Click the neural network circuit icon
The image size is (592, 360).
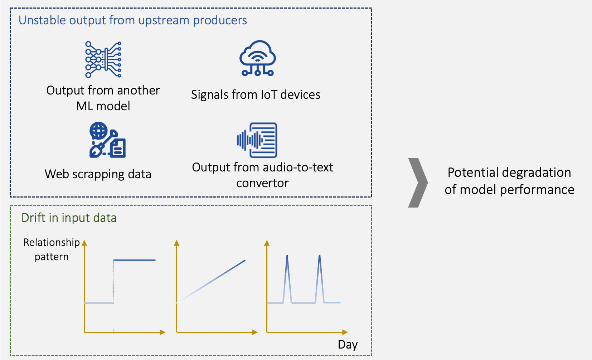103,59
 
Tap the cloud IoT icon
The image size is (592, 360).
258,58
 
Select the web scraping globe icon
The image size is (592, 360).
107,140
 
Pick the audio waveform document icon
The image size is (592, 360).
257,140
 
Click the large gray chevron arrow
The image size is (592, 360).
417,183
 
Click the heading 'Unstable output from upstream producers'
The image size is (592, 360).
132,20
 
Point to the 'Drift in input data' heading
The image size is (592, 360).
69,218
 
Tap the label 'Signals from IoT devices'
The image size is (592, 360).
256,94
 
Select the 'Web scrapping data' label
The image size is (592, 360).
98,174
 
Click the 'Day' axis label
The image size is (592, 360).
348,344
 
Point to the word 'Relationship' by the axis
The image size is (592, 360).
52,242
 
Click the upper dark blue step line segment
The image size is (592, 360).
135,260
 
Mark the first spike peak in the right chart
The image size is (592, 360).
287,256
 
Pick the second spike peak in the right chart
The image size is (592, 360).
319,256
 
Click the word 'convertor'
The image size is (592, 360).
262,183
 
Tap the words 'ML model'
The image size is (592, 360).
103,106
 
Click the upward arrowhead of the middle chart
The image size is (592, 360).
176,243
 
